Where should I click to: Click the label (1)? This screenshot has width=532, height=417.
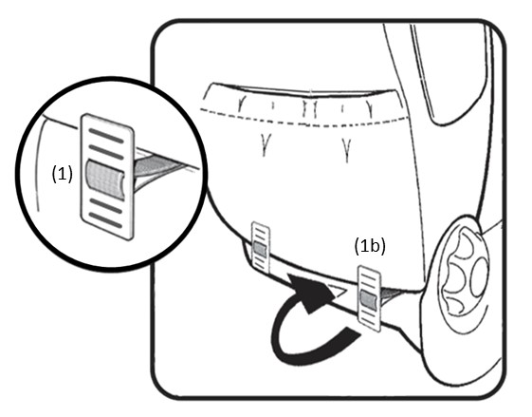tap(62, 175)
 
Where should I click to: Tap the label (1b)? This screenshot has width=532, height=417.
tap(370, 246)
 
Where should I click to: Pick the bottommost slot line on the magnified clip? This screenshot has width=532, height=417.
tap(105, 220)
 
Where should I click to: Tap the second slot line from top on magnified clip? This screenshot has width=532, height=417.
tap(106, 152)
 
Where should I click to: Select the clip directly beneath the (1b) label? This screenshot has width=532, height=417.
tap(370, 298)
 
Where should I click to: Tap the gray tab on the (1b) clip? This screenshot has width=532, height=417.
tap(369, 300)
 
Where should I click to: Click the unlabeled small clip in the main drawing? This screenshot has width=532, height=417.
tap(260, 247)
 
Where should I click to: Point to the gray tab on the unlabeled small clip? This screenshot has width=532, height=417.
tap(260, 249)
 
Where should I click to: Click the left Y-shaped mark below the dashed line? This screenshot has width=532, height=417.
tap(265, 144)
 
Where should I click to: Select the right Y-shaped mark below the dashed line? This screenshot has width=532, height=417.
tap(346, 148)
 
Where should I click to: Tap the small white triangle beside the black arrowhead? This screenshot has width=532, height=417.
tap(338, 291)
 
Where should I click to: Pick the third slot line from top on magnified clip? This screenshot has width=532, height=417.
tap(105, 206)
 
